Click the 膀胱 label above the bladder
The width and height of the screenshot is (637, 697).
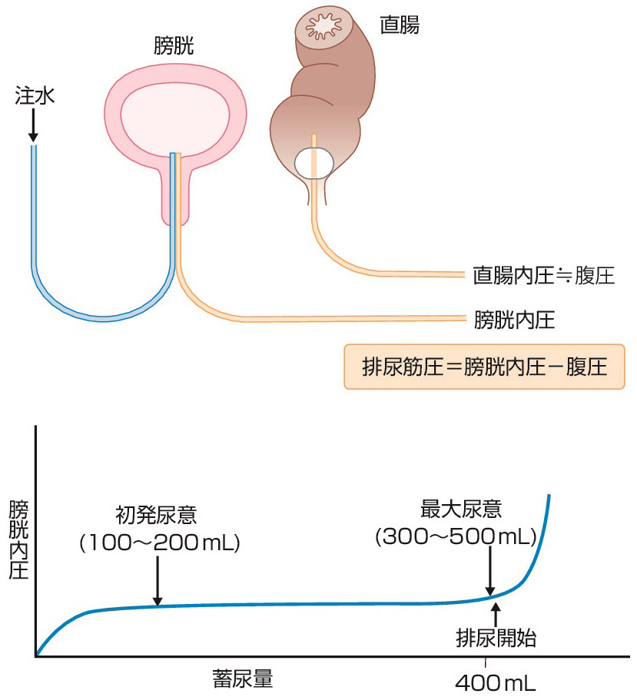pyautogui.click(x=174, y=48)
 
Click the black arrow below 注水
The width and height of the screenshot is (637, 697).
pyautogui.click(x=34, y=127)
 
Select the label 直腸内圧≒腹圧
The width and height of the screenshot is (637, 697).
pyautogui.click(x=544, y=275)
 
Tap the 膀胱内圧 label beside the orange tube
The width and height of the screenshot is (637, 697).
pyautogui.click(x=514, y=319)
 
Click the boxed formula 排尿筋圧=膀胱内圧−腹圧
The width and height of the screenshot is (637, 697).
pyautogui.click(x=483, y=367)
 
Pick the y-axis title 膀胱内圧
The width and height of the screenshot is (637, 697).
pyautogui.click(x=18, y=540)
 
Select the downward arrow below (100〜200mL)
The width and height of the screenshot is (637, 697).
pyautogui.click(x=157, y=580)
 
